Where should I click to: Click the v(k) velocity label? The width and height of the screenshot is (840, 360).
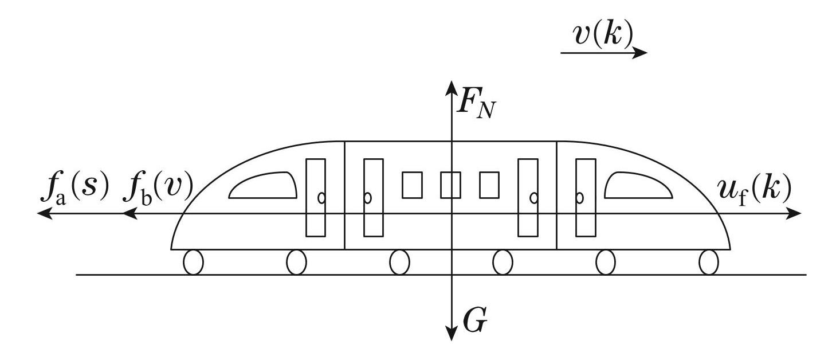(603, 36)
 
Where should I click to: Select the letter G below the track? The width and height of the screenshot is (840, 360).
(475, 322)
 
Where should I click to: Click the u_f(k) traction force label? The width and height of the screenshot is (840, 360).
(754, 189)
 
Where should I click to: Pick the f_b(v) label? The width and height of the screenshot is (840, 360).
(159, 190)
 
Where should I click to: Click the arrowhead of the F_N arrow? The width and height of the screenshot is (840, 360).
(452, 88)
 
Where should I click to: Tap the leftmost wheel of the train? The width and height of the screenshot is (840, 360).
(193, 263)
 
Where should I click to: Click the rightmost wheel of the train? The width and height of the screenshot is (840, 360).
(709, 263)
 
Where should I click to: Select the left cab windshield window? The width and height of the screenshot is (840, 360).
(263, 186)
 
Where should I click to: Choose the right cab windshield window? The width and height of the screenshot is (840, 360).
(638, 186)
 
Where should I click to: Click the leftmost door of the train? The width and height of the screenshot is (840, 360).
(316, 197)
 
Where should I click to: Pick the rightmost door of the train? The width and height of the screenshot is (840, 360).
(586, 197)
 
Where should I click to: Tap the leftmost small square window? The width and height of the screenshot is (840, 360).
(412, 185)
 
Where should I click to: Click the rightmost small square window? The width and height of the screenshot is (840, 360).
(489, 185)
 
